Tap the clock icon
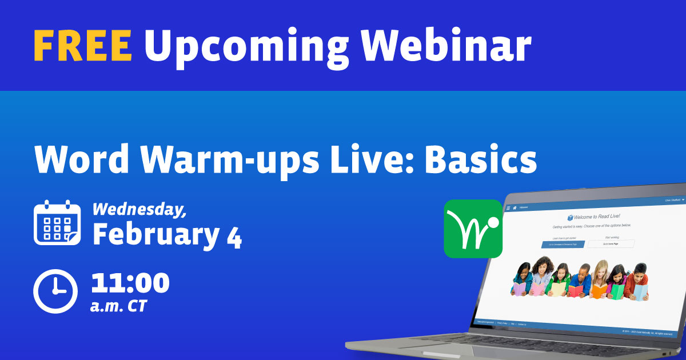[x=55, y=290]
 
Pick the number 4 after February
[x=233, y=234]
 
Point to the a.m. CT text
[x=118, y=306]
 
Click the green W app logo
[x=473, y=229]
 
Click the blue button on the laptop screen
[x=563, y=244]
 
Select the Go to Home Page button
[x=611, y=243]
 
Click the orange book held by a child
[x=599, y=291]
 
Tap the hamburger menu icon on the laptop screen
[x=508, y=207]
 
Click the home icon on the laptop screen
[x=514, y=207]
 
